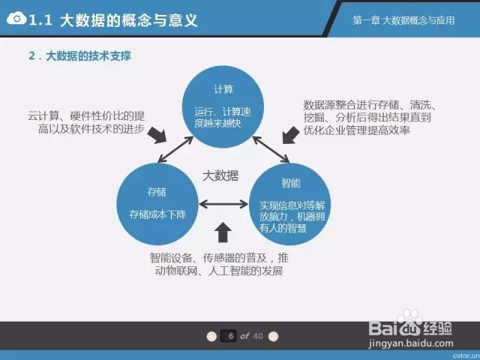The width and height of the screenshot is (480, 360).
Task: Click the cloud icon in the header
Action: [16, 19]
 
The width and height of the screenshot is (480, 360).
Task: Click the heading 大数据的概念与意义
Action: [129, 20]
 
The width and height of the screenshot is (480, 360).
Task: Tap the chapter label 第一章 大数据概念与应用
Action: [403, 20]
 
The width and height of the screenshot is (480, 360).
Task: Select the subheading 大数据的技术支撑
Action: [88, 56]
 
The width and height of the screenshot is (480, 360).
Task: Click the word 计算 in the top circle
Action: [223, 89]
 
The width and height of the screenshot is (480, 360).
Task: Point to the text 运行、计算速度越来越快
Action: [223, 117]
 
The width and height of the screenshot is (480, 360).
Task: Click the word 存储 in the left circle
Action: [157, 192]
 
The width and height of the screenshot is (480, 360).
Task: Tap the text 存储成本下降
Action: [157, 214]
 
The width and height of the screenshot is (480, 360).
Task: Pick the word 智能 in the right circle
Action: [291, 183]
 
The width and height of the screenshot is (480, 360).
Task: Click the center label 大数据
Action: [220, 175]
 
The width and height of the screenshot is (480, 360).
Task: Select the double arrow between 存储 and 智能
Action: [223, 204]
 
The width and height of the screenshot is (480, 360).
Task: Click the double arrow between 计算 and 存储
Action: [175, 149]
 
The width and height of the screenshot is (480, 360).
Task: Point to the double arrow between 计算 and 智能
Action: [271, 150]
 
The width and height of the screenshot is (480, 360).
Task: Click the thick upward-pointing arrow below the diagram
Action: [223, 232]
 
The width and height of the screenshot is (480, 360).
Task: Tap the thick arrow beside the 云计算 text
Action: [157, 135]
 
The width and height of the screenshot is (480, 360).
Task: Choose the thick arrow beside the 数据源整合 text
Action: [290, 135]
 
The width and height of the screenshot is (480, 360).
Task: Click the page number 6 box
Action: [228, 336]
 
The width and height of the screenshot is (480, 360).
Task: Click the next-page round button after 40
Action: [273, 336]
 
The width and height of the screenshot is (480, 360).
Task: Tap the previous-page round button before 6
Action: [211, 336]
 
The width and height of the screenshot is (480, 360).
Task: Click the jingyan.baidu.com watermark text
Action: [411, 343]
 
